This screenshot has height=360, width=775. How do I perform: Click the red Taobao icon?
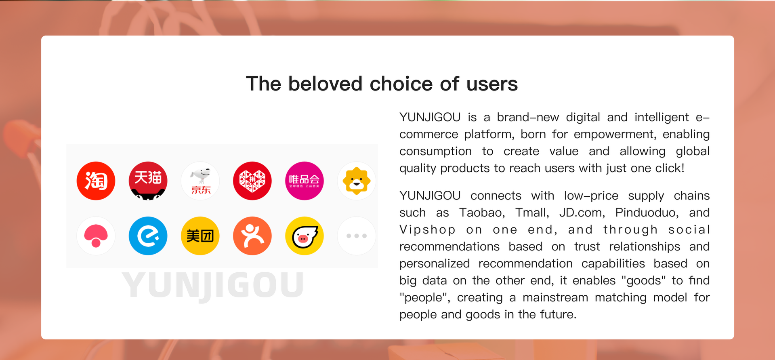96,181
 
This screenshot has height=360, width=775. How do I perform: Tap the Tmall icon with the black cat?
148,181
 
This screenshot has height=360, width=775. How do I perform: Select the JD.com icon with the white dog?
200,181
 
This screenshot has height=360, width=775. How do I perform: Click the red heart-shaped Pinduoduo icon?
252,181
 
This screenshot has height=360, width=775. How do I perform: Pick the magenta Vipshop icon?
305,181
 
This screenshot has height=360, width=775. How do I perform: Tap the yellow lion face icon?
357,181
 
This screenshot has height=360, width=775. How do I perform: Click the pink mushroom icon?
96,236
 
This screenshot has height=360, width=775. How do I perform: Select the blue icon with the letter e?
148,236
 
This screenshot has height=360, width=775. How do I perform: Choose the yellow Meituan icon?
200,236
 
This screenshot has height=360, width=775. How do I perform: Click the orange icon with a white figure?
252,236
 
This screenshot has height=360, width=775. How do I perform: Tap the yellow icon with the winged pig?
305,236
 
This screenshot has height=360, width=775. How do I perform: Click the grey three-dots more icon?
357,236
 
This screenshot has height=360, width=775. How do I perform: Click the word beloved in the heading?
326,84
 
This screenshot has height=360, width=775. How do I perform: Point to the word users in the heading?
492,84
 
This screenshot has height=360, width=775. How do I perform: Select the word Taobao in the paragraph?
482,213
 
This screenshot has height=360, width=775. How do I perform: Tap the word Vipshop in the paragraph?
428,230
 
